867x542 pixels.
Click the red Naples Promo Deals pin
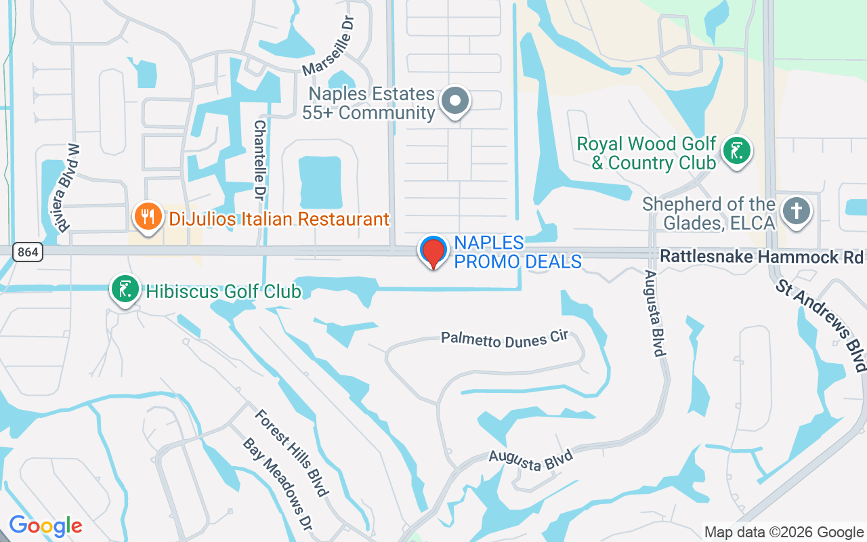pyautogui.click(x=433, y=252)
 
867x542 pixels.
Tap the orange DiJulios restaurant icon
pyautogui.click(x=147, y=217)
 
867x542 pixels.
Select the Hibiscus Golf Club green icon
pyautogui.click(x=125, y=289)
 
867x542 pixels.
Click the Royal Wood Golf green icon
pyautogui.click(x=736, y=150)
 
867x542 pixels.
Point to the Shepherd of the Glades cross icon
pyautogui.click(x=796, y=211)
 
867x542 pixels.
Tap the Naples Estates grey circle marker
pyautogui.click(x=455, y=102)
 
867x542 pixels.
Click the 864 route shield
pyautogui.click(x=28, y=252)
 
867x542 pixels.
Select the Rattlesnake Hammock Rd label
pyautogui.click(x=761, y=257)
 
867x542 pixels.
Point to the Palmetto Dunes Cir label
pyautogui.click(x=504, y=338)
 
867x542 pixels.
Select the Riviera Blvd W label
pyautogui.click(x=69, y=188)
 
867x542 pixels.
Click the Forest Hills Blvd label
pyautogui.click(x=292, y=452)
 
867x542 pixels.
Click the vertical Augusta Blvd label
pyautogui.click(x=654, y=313)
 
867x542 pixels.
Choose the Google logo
pyautogui.click(x=45, y=526)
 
